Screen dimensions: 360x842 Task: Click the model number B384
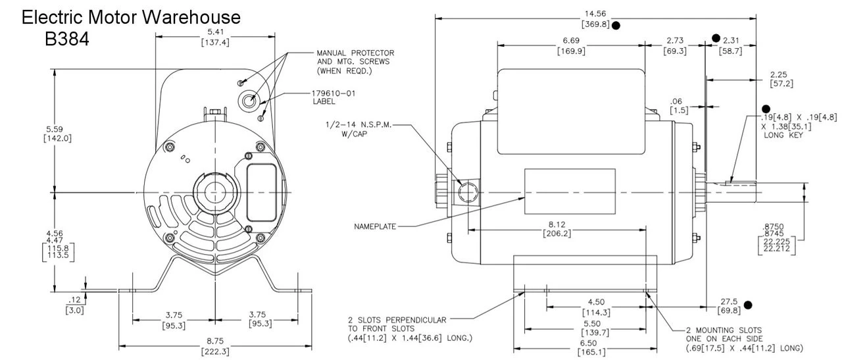click(x=66, y=39)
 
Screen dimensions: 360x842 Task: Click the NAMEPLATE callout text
click(x=376, y=226)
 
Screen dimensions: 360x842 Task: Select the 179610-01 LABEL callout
click(x=334, y=97)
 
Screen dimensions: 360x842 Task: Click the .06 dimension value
click(x=676, y=101)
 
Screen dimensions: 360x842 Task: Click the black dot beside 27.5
click(x=747, y=304)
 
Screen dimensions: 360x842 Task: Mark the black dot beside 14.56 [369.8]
click(x=616, y=26)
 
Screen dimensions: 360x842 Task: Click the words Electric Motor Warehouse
click(x=131, y=18)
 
